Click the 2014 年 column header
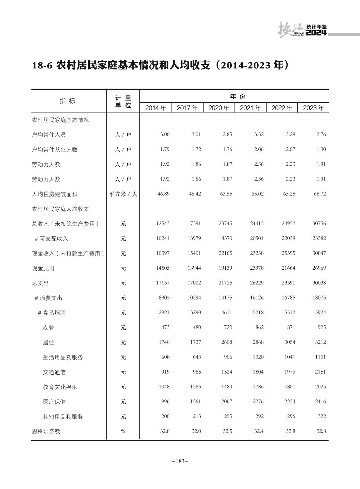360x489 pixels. [156, 108]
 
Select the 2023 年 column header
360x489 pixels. [313, 108]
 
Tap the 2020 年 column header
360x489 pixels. [219, 108]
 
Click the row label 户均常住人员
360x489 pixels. [49, 135]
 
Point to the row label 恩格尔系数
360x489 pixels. [46, 431]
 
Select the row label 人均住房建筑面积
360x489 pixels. [55, 194]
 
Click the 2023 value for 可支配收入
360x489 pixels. [319, 238]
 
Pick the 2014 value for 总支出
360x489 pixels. [163, 283]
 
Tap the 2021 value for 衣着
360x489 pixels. [259, 327]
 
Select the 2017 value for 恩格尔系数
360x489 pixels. [196, 431]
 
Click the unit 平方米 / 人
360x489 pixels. [123, 194]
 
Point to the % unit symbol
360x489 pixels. [123, 431]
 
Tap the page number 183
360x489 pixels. [180, 461]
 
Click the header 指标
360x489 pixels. [67, 101]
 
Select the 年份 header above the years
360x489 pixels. [238, 97]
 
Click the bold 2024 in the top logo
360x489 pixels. [316, 33]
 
